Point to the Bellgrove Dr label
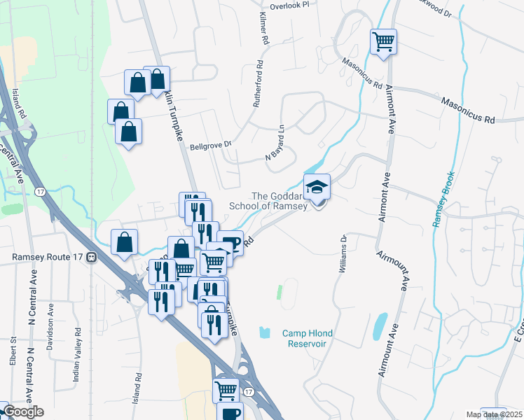(x=211, y=147)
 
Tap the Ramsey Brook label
(x=443, y=199)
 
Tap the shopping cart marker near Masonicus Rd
(x=383, y=41)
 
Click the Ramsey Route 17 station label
(x=48, y=257)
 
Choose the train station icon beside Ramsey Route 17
(x=91, y=257)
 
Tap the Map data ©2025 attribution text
(x=493, y=414)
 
